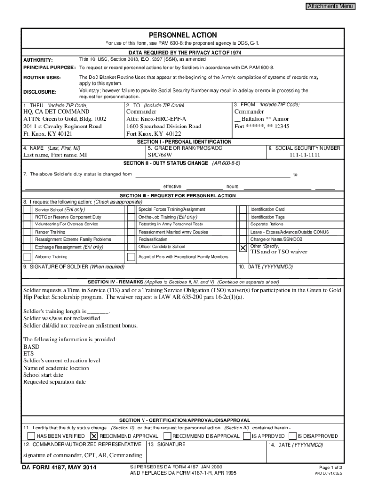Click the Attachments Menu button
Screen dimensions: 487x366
tap(330, 6)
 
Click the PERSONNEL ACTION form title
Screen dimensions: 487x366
tap(183, 35)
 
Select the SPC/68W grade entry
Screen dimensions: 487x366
tap(160, 155)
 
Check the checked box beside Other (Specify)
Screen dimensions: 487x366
tap(243, 248)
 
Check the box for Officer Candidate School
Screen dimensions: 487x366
tap(131, 247)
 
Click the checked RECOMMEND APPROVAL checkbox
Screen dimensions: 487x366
tap(94, 436)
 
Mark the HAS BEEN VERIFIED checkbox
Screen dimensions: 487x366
tap(31, 436)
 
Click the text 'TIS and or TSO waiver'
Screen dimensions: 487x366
tap(279, 252)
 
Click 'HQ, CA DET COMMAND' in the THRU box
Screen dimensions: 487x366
tap(56, 111)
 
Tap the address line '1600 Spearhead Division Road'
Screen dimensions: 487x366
tap(164, 127)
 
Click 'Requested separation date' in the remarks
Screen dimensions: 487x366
tap(54, 382)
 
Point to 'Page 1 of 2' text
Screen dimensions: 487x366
tap(331, 467)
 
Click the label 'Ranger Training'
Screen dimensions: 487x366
tap(50, 232)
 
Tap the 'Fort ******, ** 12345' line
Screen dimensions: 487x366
tap(261, 127)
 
